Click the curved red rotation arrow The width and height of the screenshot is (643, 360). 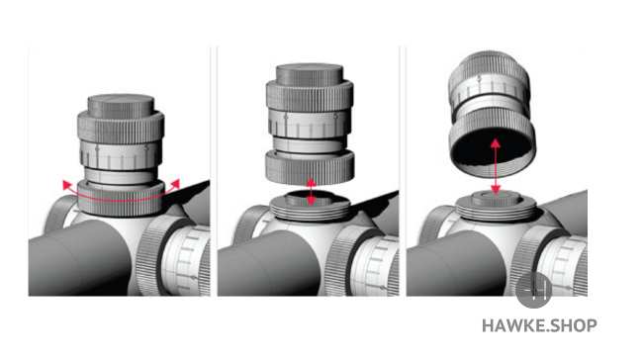121,200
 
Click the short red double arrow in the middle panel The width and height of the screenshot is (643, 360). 311,192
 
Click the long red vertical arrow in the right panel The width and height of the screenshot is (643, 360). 496,166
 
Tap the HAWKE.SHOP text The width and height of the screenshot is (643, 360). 539,325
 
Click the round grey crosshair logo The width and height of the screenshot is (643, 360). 533,290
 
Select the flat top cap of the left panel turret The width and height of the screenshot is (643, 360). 121,106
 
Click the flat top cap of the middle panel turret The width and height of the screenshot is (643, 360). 310,74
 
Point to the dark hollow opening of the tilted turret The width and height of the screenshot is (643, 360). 492,150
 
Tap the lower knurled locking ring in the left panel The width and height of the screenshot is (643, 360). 121,198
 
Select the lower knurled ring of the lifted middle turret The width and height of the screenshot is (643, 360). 310,167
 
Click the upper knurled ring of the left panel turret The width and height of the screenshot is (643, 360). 121,128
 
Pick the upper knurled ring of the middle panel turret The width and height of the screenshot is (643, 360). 310,96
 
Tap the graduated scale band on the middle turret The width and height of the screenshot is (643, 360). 310,124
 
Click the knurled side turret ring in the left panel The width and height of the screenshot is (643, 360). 153,256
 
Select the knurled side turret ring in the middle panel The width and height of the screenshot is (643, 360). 342,260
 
